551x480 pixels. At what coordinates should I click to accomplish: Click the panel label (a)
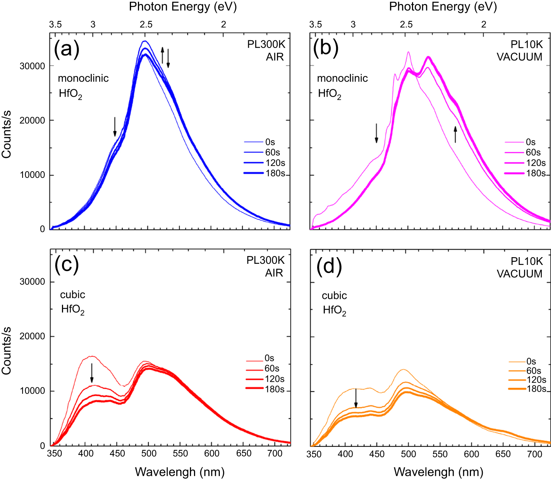pos(66,48)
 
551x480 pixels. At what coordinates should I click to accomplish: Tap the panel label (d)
pos(329,265)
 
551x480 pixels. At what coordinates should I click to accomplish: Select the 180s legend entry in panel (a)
pos(265,173)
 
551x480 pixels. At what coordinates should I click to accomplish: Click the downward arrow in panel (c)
pos(92,373)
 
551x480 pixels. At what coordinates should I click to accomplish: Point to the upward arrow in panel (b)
pos(455,134)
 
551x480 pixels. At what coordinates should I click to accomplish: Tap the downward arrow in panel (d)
pos(356,398)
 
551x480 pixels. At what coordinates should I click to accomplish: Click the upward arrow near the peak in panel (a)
pos(162,55)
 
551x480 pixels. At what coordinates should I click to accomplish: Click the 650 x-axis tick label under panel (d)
pos(503,454)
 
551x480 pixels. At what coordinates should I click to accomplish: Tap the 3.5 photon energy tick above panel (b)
pos(315,25)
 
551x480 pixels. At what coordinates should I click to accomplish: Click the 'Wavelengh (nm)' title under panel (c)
pos(180,472)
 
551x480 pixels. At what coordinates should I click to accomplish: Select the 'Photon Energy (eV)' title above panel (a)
pos(183,7)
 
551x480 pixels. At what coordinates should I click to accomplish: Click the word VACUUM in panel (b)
pos(519,57)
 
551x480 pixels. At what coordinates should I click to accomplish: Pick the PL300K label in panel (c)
pos(266,260)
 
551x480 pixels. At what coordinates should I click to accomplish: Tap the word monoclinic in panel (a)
pos(83,78)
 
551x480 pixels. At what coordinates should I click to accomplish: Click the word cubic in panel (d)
pos(334,296)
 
